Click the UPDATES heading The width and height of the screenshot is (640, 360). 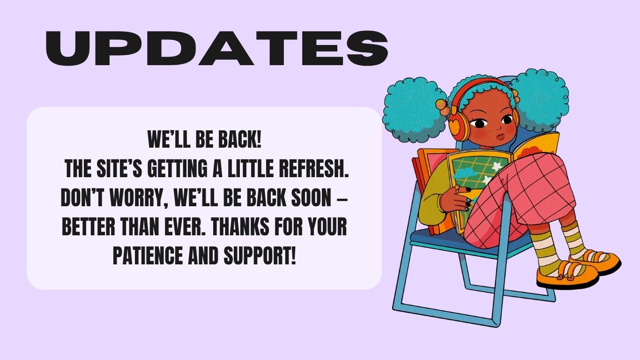[x=217, y=48]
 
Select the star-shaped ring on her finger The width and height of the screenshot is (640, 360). [x=457, y=188]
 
